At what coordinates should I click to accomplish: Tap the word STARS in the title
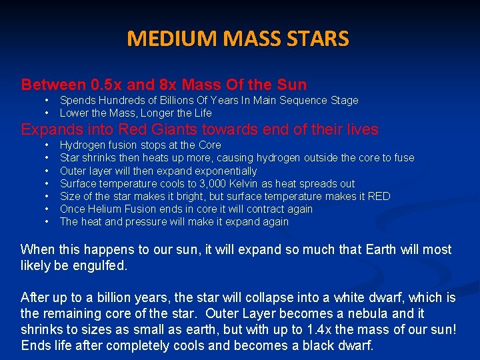pos(317,39)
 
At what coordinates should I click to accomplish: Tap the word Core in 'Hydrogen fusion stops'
pos(210,145)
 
